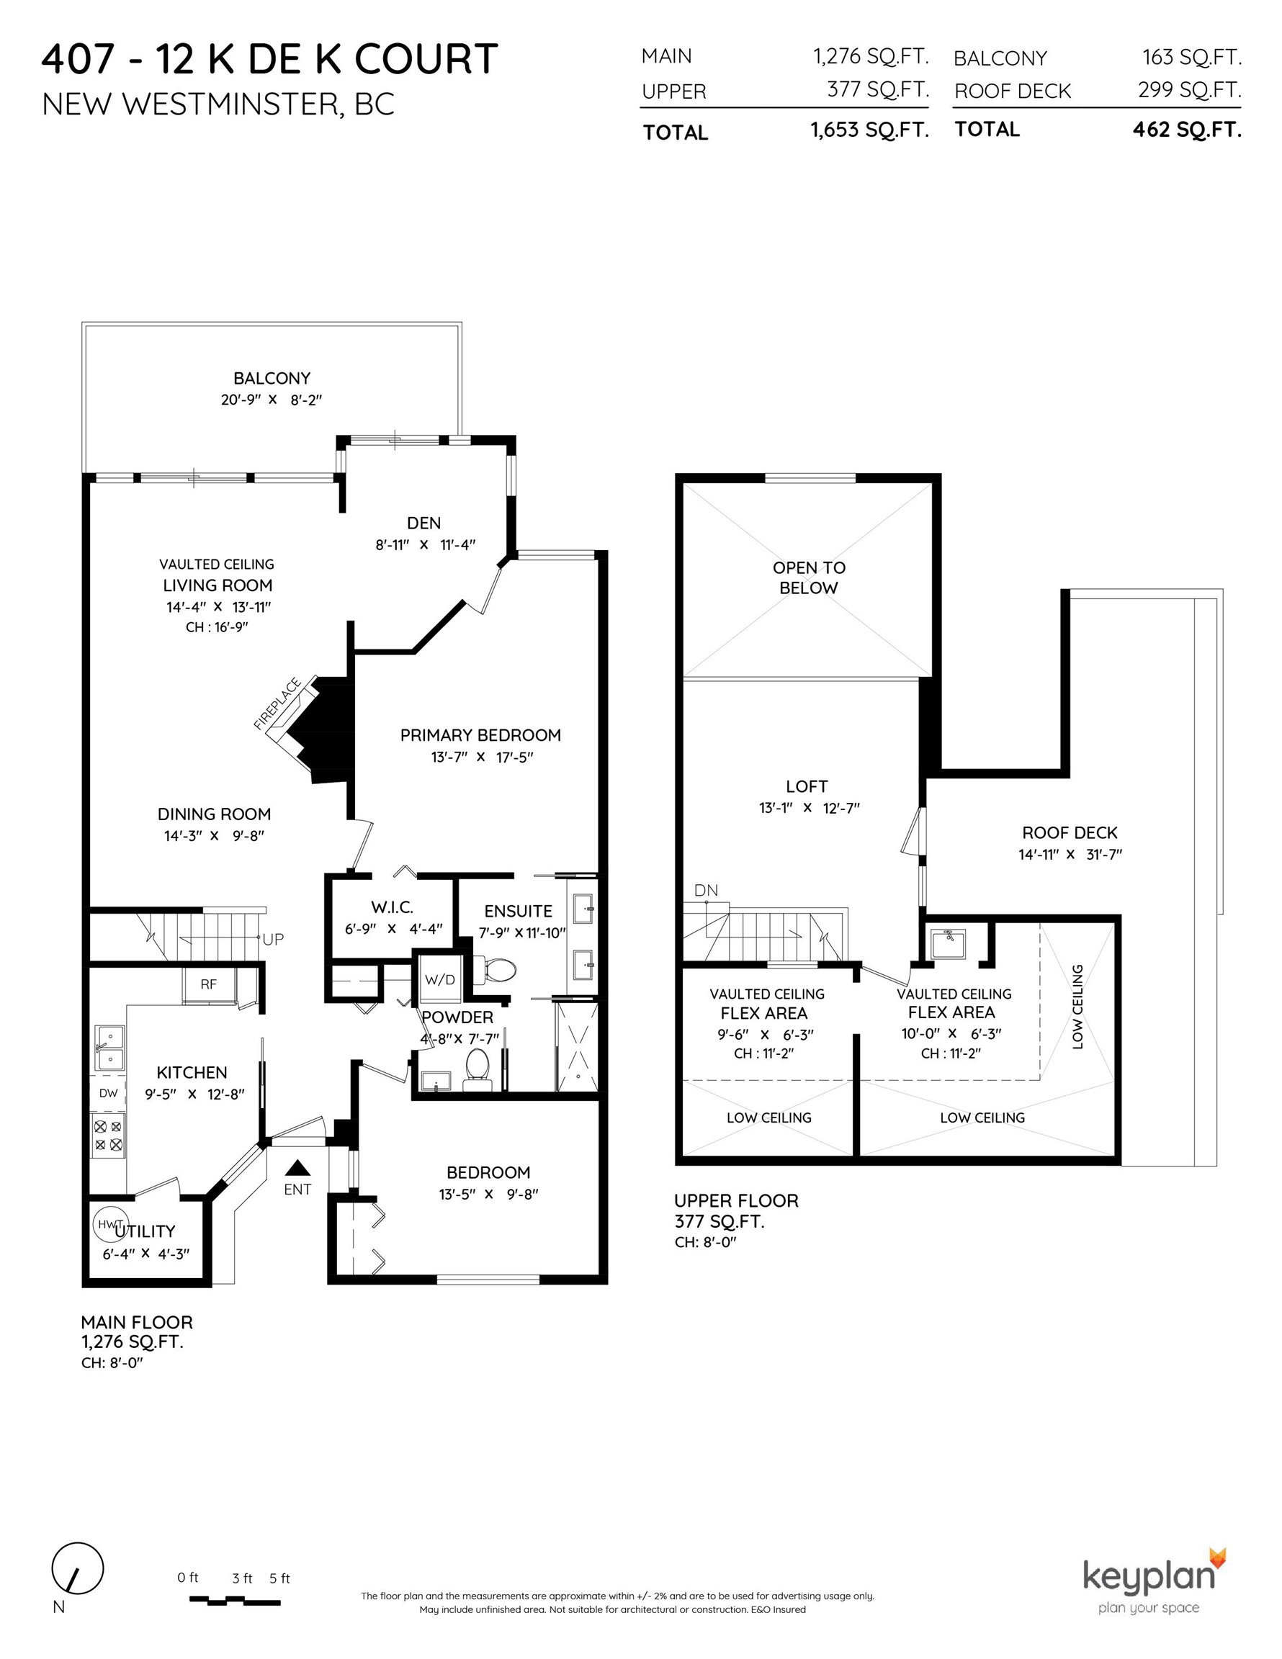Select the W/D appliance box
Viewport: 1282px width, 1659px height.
click(x=440, y=979)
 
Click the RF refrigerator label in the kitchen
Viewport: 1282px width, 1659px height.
click(x=208, y=984)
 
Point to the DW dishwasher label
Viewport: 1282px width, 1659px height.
click(x=109, y=1093)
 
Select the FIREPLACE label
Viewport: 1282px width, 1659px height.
click(x=277, y=703)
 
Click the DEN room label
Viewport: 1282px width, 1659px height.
click(x=424, y=523)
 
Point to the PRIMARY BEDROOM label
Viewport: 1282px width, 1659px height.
click(x=480, y=734)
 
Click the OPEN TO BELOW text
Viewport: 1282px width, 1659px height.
click(x=809, y=577)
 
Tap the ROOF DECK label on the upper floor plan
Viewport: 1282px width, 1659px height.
click(x=1070, y=832)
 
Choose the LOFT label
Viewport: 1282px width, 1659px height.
click(x=806, y=786)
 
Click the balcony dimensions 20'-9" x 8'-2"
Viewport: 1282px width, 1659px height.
click(x=272, y=400)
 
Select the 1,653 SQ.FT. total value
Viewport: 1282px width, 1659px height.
click(x=870, y=130)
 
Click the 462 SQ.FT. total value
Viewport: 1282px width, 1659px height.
click(x=1187, y=130)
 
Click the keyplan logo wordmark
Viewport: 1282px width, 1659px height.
click(x=1148, y=1575)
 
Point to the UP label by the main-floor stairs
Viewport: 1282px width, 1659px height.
click(x=273, y=939)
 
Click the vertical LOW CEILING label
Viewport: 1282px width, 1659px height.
click(x=1077, y=1007)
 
